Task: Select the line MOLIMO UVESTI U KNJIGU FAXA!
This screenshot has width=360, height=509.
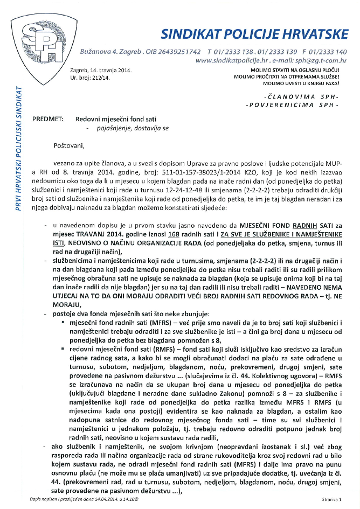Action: click(304, 85)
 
